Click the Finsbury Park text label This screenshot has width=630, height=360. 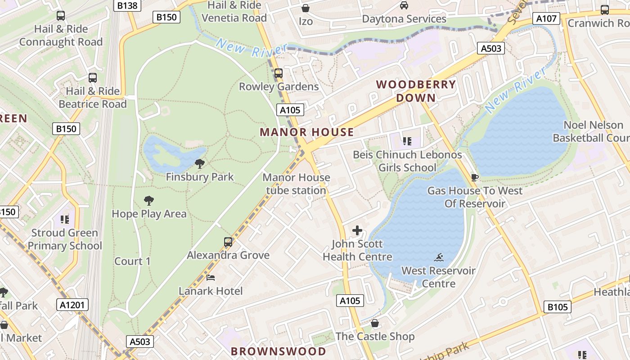(200, 177)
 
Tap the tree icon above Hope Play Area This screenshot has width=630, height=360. (149, 201)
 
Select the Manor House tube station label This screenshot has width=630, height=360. (296, 184)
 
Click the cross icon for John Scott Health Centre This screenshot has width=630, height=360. (357, 231)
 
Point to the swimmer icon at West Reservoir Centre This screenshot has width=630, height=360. (439, 257)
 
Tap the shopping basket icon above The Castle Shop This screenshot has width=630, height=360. (375, 323)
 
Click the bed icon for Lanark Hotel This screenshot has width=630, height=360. (211, 278)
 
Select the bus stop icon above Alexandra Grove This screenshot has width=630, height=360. (228, 242)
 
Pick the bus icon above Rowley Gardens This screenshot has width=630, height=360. (279, 73)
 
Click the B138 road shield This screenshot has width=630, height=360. (127, 5)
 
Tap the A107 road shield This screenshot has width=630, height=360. (546, 18)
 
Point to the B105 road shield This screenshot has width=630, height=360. (558, 307)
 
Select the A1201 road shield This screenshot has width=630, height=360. (72, 305)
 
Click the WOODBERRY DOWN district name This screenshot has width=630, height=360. (416, 91)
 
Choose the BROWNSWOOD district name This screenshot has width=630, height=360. (279, 351)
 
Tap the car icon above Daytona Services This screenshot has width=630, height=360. (404, 5)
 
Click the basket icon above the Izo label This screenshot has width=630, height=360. (306, 8)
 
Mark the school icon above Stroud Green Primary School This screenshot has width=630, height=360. (65, 220)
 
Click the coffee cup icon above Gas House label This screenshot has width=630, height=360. (474, 177)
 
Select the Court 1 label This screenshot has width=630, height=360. (132, 261)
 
